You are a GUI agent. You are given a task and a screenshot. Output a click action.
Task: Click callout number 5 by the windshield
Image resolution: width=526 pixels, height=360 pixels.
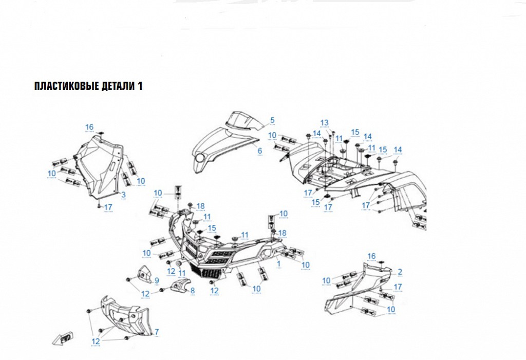click(272, 120)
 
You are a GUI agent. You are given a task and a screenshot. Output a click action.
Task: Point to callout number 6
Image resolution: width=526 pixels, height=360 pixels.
click(260, 150)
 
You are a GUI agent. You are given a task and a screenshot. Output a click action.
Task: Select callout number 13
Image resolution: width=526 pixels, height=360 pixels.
click(324, 122)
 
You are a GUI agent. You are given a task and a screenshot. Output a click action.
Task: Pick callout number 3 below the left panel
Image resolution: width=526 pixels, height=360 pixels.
click(123, 195)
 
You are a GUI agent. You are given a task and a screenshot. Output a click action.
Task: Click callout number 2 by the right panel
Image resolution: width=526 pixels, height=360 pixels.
click(400, 271)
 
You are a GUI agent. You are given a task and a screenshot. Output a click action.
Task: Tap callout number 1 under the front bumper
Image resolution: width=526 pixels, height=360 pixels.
click(278, 263)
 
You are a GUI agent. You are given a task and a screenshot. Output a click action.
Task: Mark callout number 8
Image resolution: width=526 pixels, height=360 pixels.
click(193, 291)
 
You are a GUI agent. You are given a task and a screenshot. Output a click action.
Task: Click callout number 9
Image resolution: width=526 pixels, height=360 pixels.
click(157, 280)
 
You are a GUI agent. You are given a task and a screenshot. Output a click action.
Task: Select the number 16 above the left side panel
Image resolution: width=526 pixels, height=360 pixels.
click(89, 127)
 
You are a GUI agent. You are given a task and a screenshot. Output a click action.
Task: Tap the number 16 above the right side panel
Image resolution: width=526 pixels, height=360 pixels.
click(371, 256)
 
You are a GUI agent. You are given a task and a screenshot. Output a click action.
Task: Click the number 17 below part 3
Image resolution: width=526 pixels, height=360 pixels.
click(108, 207)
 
